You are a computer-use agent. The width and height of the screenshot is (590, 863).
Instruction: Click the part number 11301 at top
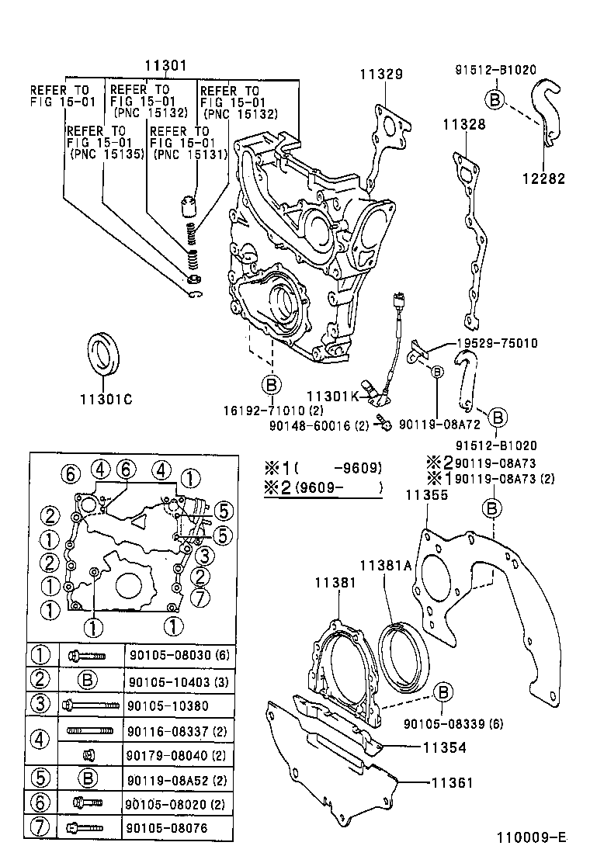pyautogui.click(x=165, y=67)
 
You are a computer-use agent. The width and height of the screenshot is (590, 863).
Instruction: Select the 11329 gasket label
pyautogui.click(x=380, y=75)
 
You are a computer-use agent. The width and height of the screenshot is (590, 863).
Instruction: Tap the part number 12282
pyautogui.click(x=543, y=178)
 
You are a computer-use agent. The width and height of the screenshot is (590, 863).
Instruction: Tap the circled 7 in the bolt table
pyautogui.click(x=39, y=827)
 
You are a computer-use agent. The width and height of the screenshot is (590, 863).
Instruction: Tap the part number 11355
pyautogui.click(x=427, y=494)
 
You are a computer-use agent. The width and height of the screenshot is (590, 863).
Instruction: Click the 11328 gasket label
pyautogui.click(x=464, y=123)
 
